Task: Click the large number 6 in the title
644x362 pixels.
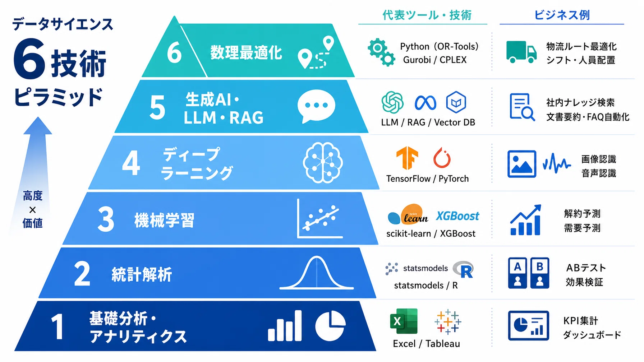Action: [x=29, y=59]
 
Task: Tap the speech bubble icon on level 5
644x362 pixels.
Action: [x=316, y=106]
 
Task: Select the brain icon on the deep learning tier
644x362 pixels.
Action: [x=323, y=163]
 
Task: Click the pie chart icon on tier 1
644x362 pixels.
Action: [x=330, y=326]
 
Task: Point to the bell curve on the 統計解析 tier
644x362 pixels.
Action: [x=317, y=273]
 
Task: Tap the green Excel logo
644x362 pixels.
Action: [x=404, y=321]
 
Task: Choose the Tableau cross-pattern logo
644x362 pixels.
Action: [x=448, y=322]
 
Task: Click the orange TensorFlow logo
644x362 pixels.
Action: [x=407, y=158]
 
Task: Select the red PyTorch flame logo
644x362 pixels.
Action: [x=442, y=158]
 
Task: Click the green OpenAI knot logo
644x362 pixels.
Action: [x=392, y=102]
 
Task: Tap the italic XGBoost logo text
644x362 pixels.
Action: [x=457, y=216]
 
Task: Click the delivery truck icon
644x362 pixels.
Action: [x=521, y=52]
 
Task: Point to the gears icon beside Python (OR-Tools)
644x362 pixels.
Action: [x=381, y=52]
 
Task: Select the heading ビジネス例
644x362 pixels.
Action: [x=562, y=15]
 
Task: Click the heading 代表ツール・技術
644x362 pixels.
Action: [x=427, y=15]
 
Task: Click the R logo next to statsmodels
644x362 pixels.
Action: [x=464, y=270]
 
